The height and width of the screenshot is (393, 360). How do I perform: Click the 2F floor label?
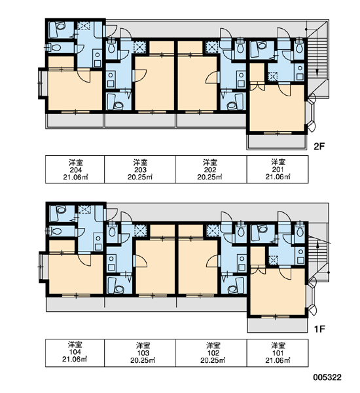(x=319, y=146)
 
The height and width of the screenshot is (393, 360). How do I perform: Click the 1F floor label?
(x=319, y=329)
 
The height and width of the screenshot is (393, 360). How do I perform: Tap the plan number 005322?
(x=327, y=377)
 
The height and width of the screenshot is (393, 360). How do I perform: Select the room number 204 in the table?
(x=76, y=170)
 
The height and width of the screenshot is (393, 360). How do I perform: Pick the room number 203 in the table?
(x=140, y=170)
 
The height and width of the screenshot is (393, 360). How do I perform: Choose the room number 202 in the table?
(x=210, y=170)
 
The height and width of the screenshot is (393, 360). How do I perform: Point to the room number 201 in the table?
(x=278, y=170)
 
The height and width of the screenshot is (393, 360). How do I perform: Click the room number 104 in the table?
(x=75, y=352)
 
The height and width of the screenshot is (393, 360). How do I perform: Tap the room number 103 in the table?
(x=143, y=353)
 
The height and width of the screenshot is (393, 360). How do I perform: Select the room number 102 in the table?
(x=213, y=353)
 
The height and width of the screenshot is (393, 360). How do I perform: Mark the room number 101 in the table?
(x=278, y=353)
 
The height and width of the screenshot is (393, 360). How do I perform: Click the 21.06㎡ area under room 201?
(x=278, y=177)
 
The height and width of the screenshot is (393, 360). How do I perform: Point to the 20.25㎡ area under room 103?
(x=143, y=360)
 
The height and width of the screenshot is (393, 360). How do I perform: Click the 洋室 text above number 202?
(x=210, y=162)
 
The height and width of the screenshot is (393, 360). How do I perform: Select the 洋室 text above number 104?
(x=75, y=345)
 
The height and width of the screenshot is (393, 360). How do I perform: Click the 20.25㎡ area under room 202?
(x=210, y=177)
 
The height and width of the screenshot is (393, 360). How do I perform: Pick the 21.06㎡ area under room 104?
(x=75, y=360)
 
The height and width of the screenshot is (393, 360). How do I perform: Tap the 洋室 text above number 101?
(x=278, y=346)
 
